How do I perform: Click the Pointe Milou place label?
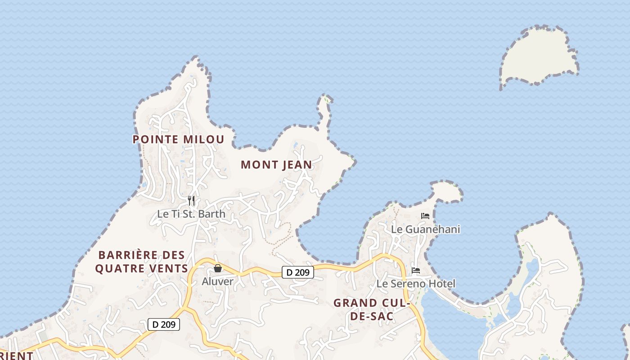(x=178, y=139)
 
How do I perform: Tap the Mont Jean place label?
(x=276, y=165)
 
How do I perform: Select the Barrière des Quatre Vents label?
(x=142, y=262)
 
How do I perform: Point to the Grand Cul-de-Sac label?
(x=371, y=310)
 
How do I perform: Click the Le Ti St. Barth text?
(x=191, y=214)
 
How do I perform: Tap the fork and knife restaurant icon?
(x=192, y=200)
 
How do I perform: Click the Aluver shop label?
(x=217, y=282)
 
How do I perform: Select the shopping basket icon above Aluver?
(x=218, y=268)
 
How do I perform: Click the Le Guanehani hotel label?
(x=425, y=229)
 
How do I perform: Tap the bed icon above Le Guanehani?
(x=425, y=216)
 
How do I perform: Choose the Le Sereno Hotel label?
(x=416, y=284)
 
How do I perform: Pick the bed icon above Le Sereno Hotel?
(x=416, y=270)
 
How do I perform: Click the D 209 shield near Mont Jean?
(x=297, y=272)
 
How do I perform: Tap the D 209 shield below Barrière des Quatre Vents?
(x=164, y=324)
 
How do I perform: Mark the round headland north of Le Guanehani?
(x=446, y=192)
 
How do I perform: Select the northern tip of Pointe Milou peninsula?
(x=194, y=63)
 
